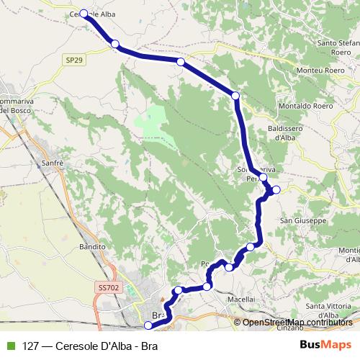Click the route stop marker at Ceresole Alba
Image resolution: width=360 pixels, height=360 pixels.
pyautogui.click(x=84, y=14)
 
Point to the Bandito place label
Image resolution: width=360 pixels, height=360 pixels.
pyautogui.click(x=93, y=246)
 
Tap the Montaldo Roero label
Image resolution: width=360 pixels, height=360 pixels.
pyautogui.click(x=302, y=104)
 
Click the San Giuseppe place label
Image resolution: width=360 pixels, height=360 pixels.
pyautogui.click(x=303, y=220)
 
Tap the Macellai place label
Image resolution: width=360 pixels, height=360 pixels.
pyautogui.click(x=240, y=297)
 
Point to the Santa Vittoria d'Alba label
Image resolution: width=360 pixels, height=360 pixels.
pyautogui.click(x=333, y=311)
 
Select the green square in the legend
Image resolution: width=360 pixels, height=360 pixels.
pyautogui.click(x=9, y=345)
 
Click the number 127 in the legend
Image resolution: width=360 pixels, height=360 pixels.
pyautogui.click(x=31, y=345)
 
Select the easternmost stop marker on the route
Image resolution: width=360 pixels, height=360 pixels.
pyautogui.click(x=276, y=189)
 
